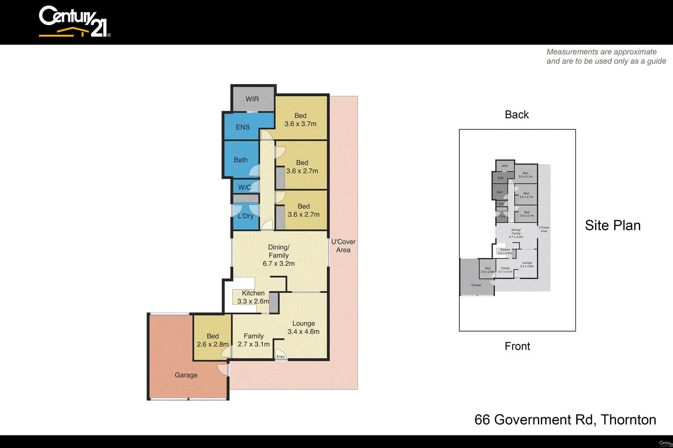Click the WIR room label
click(x=252, y=99)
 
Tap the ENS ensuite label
click(x=243, y=127)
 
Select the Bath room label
click(x=241, y=160)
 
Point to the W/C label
click(x=244, y=187)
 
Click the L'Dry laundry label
click(x=246, y=216)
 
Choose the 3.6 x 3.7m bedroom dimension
click(x=300, y=124)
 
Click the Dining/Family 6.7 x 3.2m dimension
click(x=278, y=264)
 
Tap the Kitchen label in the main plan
click(x=253, y=293)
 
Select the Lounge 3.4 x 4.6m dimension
click(x=303, y=332)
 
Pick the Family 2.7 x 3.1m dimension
click(x=254, y=344)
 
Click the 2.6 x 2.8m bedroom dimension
click(x=213, y=344)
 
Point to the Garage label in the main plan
click(x=186, y=375)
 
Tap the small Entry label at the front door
click(x=281, y=356)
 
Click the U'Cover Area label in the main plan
click(x=343, y=246)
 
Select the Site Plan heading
click(x=612, y=225)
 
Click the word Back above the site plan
click(x=517, y=115)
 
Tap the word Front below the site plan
click(x=517, y=346)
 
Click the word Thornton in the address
click(x=628, y=419)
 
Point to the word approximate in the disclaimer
click(x=635, y=52)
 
